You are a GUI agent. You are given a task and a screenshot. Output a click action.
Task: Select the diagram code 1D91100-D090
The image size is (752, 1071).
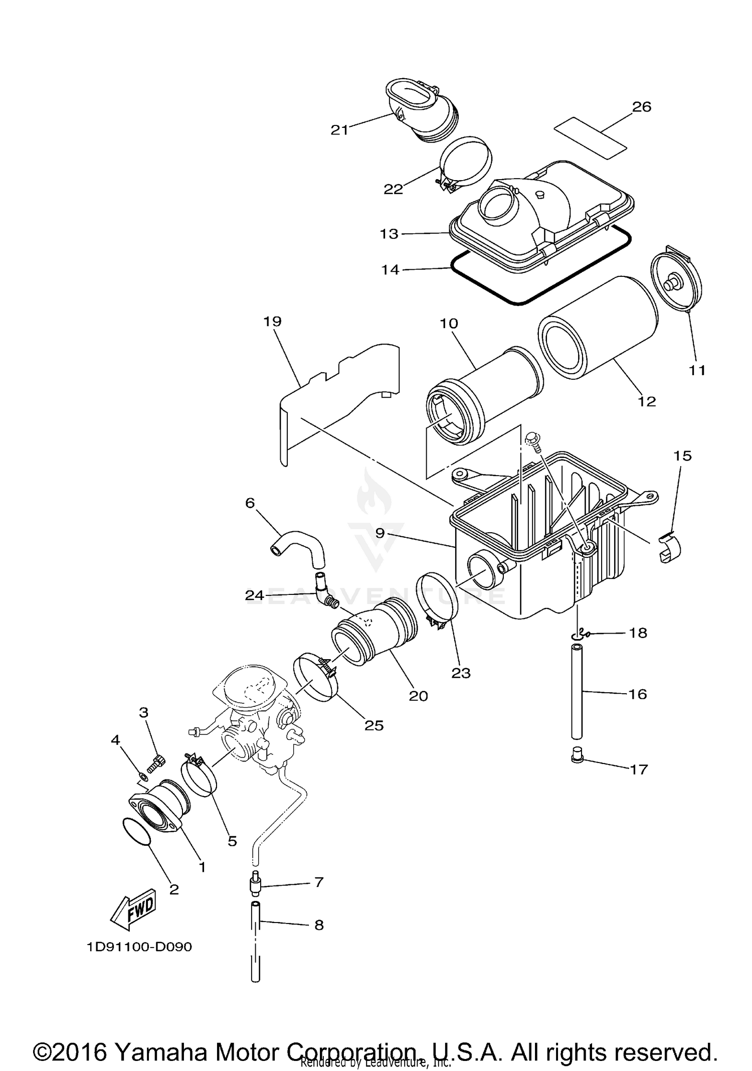[139, 947]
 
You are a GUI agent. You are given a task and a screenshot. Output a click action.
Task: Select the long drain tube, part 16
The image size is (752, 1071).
[577, 693]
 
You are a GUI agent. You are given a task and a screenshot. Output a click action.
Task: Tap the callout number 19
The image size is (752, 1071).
[273, 321]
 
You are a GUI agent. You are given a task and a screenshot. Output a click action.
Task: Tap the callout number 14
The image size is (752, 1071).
[390, 270]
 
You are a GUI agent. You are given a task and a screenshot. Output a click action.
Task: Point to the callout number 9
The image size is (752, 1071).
[380, 533]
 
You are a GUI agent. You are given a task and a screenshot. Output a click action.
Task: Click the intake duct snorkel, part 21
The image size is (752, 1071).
[416, 113]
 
